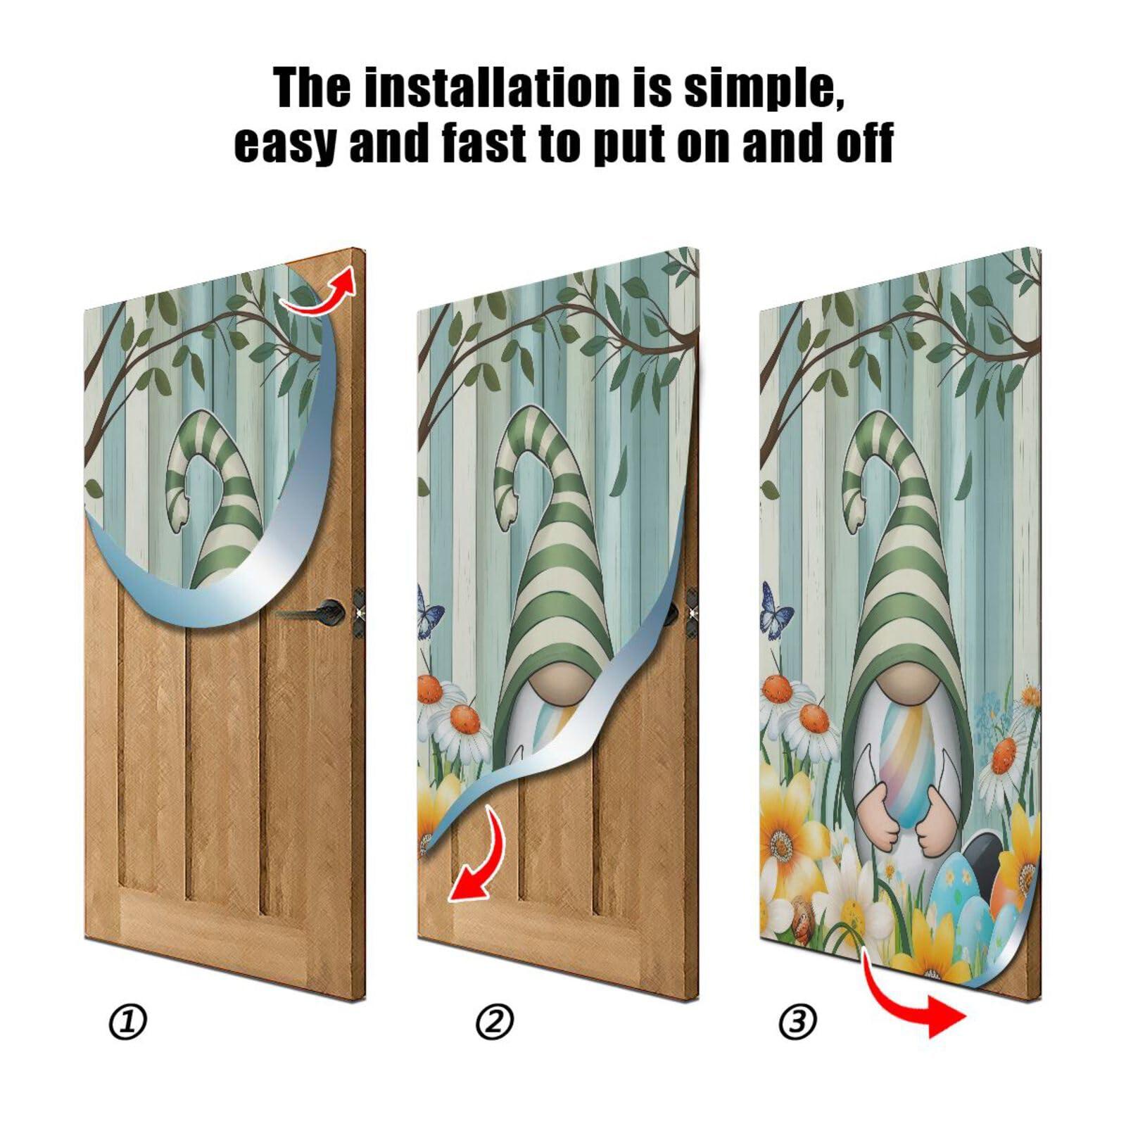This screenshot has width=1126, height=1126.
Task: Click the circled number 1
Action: (127, 1021)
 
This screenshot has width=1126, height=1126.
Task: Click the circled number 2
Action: (494, 1021)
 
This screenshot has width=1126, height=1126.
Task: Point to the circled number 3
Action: (797, 1021)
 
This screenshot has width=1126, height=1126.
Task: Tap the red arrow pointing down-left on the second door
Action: (479, 859)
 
